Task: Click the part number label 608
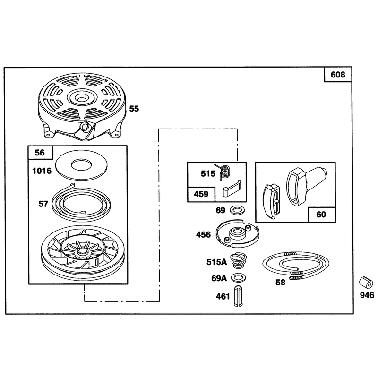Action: click(x=338, y=75)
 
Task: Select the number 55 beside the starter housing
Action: click(x=134, y=109)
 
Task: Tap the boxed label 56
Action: click(x=40, y=153)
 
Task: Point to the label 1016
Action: click(x=42, y=171)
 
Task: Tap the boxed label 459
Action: click(x=201, y=194)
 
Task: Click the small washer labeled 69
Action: click(x=238, y=210)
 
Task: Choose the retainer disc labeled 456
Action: click(x=238, y=233)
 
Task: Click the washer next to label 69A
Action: click(x=238, y=278)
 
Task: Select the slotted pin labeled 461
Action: click(x=239, y=296)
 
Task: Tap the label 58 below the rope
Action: click(x=280, y=282)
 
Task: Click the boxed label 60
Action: click(x=321, y=215)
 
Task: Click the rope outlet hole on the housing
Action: click(x=85, y=126)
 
